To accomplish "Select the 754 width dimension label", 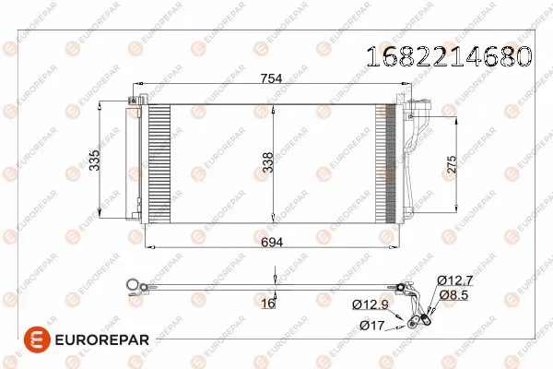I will pyautogui.click(x=271, y=79).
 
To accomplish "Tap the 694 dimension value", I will pyautogui.click(x=271, y=240).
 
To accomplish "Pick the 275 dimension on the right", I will pyautogui.click(x=452, y=163).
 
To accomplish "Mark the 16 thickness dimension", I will pyautogui.click(x=269, y=304).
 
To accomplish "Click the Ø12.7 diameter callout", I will pyautogui.click(x=455, y=280).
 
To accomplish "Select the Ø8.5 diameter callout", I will pyautogui.click(x=455, y=295).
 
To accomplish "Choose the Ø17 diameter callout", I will pyautogui.click(x=371, y=326).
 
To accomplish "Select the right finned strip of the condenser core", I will pyautogui.click(x=384, y=163).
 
